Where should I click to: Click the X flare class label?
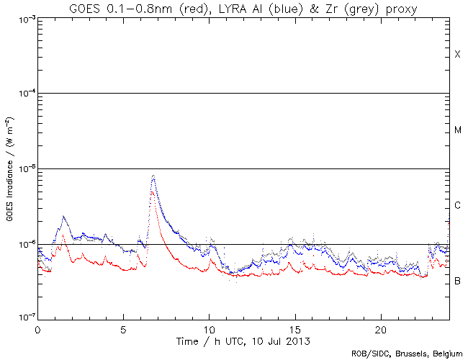coord(457,55)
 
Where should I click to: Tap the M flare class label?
coord(457,130)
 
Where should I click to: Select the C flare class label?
coord(457,206)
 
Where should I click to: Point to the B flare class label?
coord(457,280)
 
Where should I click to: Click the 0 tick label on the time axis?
coord(37,328)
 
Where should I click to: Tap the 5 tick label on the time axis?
coord(123,328)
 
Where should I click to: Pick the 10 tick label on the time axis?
coord(209,328)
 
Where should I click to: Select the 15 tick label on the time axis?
coord(295,328)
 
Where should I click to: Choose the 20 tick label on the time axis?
coord(381,328)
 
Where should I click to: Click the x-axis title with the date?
coord(244,339)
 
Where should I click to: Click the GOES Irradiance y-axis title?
coord(9,169)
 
